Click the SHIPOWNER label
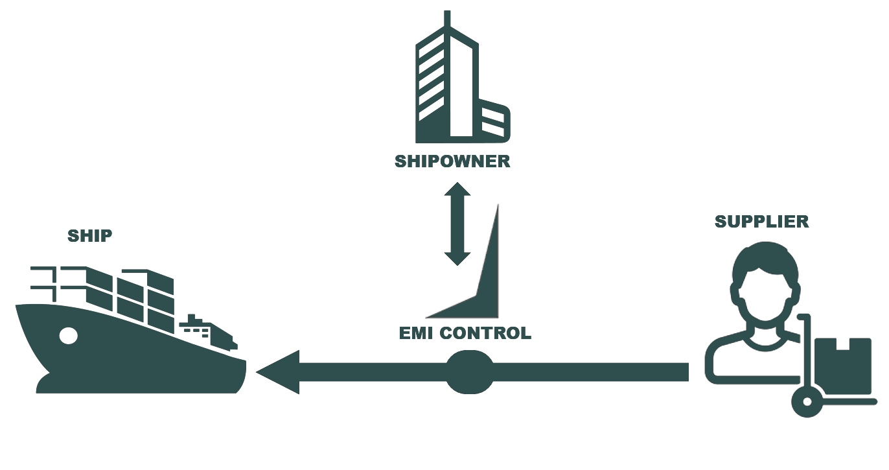(452, 161)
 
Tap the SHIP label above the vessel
(89, 236)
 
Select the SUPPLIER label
(761, 222)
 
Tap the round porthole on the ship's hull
(68, 335)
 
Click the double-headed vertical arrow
(457, 224)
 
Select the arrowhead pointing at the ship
(279, 372)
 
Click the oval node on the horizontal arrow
(470, 372)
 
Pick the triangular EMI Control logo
(479, 272)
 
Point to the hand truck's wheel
(807, 402)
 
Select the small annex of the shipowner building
(494, 121)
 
